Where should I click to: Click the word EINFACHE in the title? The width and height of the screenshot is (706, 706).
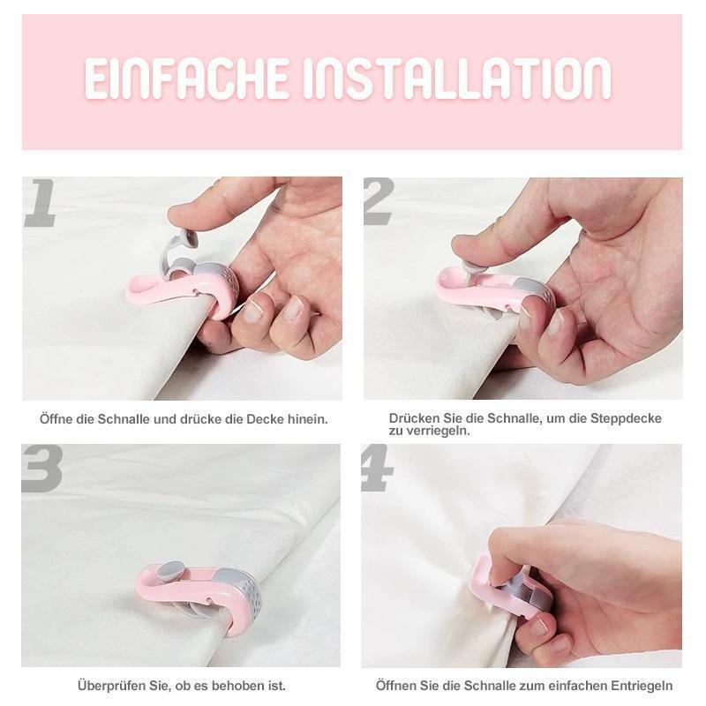click(188, 79)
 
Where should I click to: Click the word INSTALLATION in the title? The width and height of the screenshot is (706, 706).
click(457, 79)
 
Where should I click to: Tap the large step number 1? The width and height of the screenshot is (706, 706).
click(41, 202)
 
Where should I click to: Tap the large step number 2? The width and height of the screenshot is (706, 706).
click(379, 202)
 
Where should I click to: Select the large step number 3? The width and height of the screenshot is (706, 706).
click(41, 469)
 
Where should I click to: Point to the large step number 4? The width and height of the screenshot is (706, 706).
click(377, 469)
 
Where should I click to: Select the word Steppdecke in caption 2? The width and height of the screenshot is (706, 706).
click(628, 418)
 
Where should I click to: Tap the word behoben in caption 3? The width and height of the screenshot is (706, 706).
click(240, 685)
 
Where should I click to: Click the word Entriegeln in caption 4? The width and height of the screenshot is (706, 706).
click(641, 685)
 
